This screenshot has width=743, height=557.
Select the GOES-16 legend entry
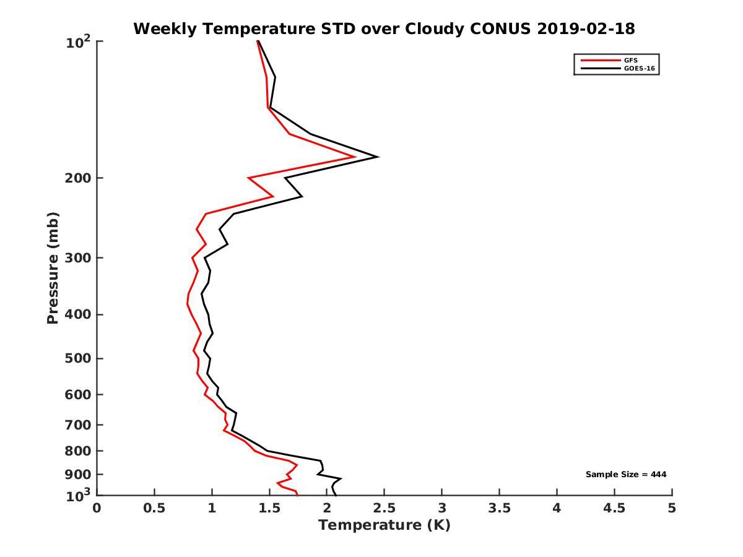[637, 69]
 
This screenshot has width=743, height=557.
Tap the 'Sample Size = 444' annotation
[626, 475]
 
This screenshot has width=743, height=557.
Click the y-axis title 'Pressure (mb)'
[53, 268]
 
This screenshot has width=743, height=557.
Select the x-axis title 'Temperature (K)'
[384, 525]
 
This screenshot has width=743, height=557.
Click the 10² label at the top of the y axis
[79, 43]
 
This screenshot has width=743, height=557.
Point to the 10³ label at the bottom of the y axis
[79, 496]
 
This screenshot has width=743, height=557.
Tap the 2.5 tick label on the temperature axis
[385, 509]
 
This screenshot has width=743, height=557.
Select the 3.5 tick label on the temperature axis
[499, 509]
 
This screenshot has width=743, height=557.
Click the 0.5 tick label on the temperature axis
[154, 509]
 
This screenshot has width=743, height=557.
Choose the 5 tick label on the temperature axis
[672, 509]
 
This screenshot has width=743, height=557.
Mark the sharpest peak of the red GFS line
[355, 157]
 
